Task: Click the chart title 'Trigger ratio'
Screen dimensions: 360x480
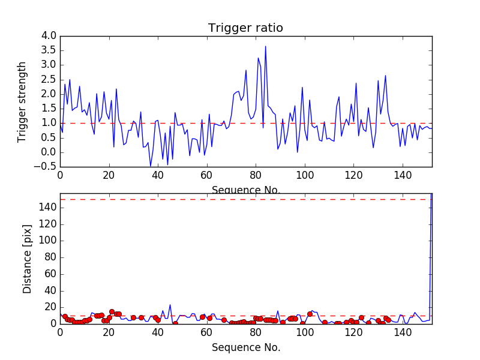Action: point(245,28)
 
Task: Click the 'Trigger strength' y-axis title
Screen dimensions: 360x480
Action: point(22,101)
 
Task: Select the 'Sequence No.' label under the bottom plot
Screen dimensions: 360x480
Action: point(246,347)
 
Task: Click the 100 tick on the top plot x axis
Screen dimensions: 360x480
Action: point(305,176)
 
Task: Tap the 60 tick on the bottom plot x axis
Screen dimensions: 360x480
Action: point(206,333)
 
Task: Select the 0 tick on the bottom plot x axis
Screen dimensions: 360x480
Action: point(60,333)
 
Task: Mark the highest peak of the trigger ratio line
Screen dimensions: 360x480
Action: point(265,46)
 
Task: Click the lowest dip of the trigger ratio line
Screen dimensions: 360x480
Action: point(151,166)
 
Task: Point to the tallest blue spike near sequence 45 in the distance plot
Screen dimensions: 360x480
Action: point(170,305)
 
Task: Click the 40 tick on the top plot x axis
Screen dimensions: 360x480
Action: point(158,176)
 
